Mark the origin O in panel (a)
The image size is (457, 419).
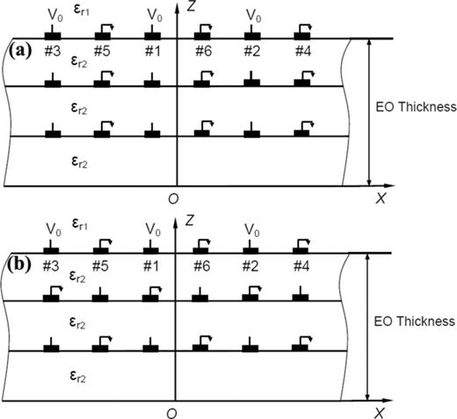tap(173, 199)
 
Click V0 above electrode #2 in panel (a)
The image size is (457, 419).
tap(253, 15)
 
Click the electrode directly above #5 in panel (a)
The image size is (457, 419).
tap(103, 35)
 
